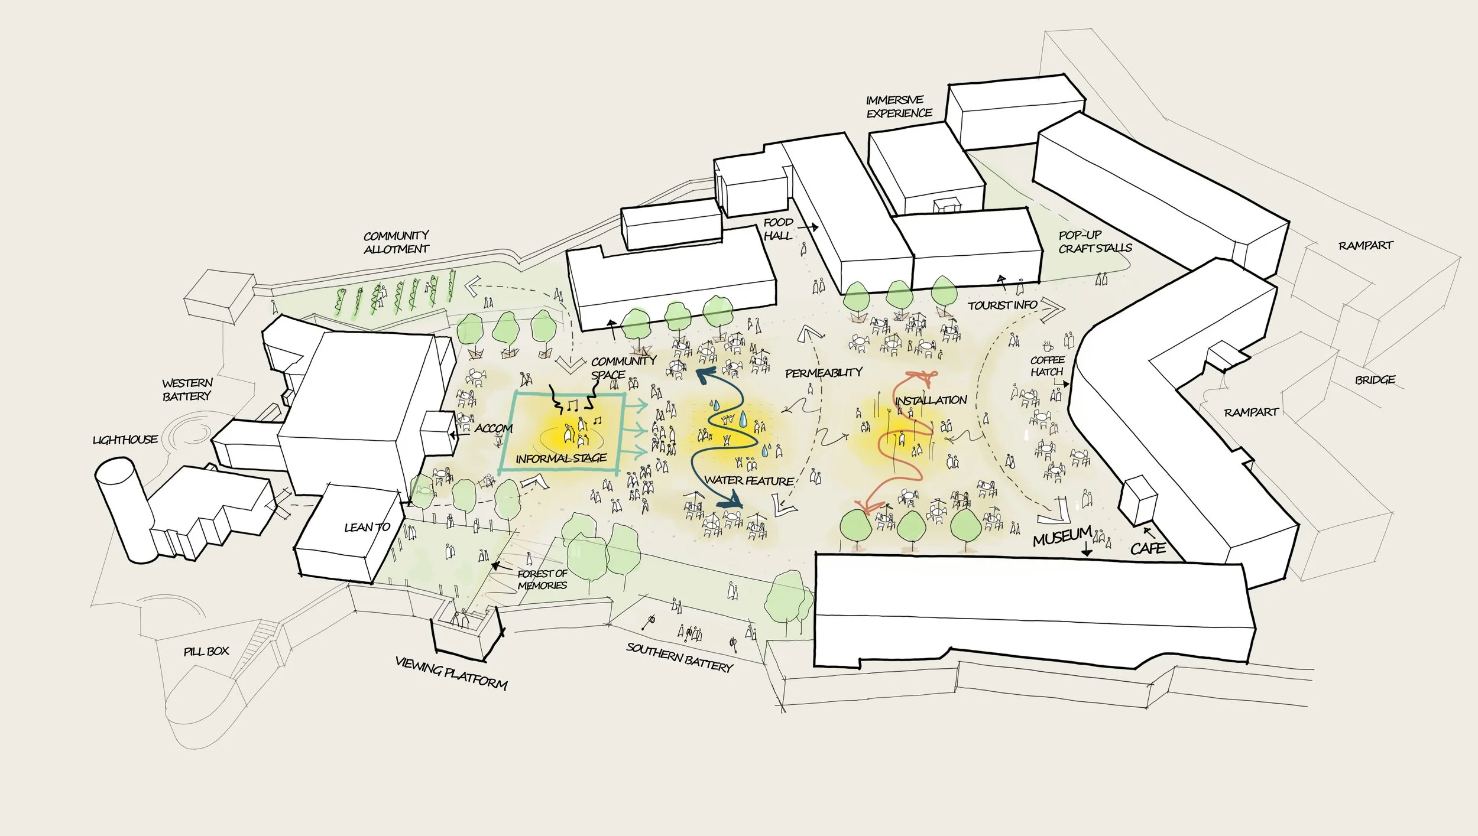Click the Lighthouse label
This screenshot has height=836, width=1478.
coord(125,440)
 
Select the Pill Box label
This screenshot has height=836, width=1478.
coord(206,651)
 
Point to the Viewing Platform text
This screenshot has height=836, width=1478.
coord(451,674)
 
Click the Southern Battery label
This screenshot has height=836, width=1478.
coord(679,658)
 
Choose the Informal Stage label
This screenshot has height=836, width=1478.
coord(561,458)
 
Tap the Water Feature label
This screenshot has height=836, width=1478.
coord(748,480)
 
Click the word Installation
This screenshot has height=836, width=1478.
coord(931,401)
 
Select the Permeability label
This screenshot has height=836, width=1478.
coord(824,373)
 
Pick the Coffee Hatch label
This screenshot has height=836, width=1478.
coord(1047,366)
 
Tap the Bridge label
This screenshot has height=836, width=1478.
coord(1375,379)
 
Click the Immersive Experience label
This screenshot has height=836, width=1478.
coord(899,106)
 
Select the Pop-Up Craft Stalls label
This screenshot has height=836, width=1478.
coord(1095,242)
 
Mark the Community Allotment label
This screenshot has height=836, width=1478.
coord(396,242)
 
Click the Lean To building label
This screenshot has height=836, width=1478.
coord(367,527)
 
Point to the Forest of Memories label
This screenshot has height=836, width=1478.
coord(542,579)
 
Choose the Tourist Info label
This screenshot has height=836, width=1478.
coord(1002,305)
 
